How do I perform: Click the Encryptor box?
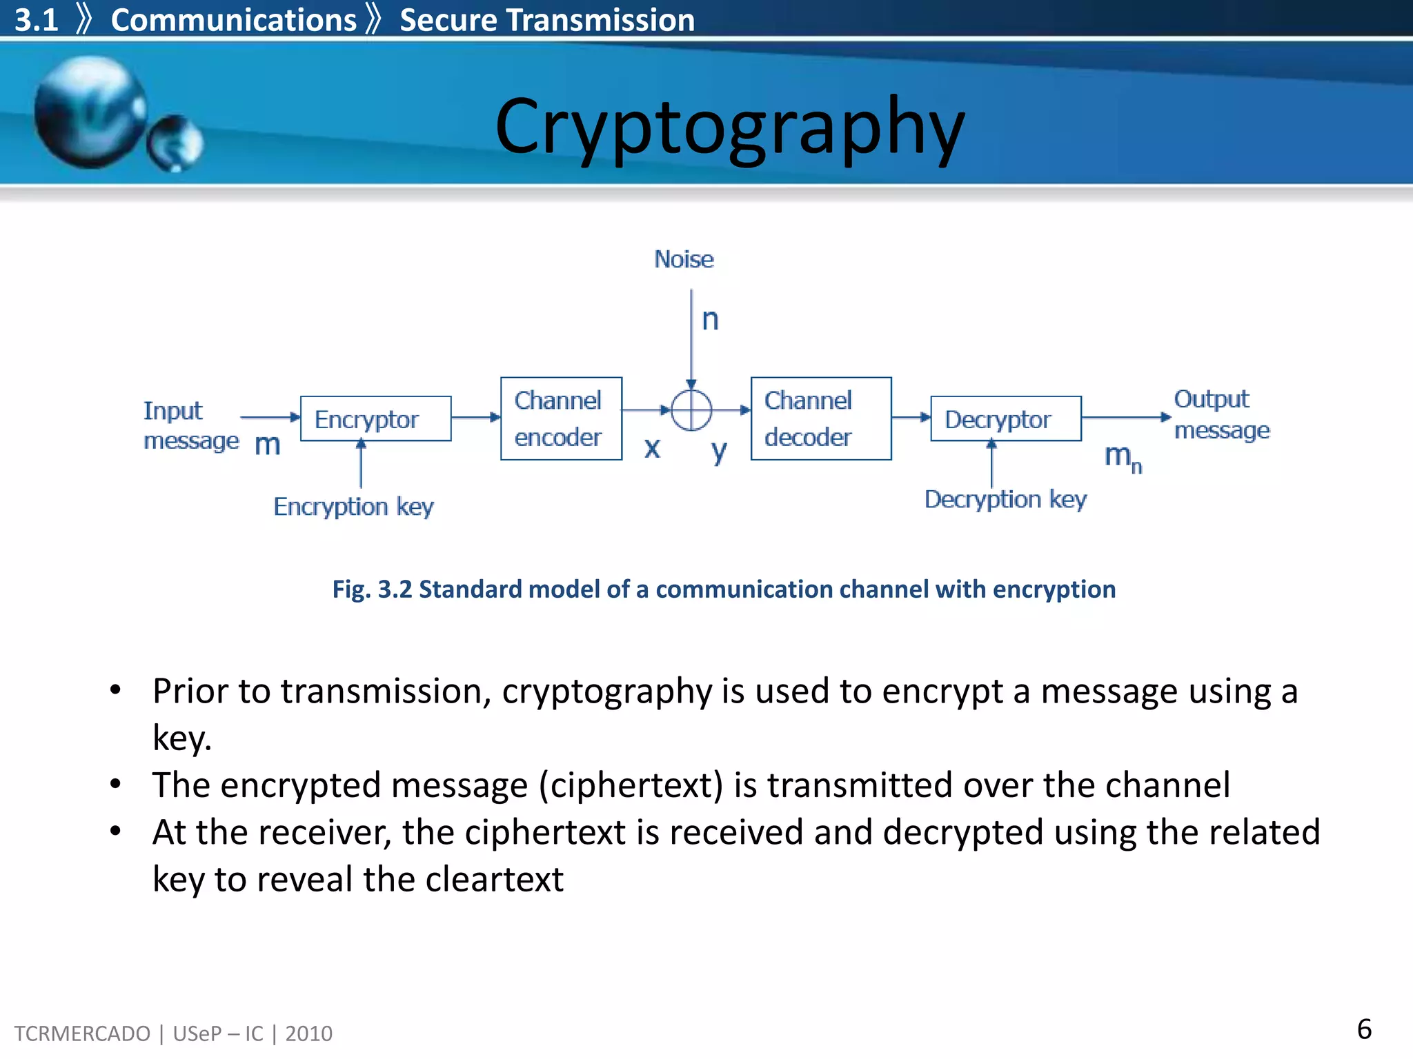(375, 418)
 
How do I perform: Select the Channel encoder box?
(561, 418)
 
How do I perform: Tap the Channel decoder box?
(820, 418)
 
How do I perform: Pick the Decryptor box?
(1005, 418)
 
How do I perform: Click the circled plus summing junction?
(691, 410)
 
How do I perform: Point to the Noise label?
(684, 259)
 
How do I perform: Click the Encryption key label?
(353, 507)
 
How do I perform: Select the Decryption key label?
(1005, 499)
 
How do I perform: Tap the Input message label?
(190, 425)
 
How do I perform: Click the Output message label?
(1221, 414)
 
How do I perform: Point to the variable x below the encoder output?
(652, 448)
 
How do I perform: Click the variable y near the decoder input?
(719, 452)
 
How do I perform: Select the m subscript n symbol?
(1123, 457)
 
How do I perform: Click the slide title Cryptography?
(729, 128)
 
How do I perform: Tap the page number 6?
(1363, 1029)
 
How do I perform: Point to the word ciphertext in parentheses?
(631, 785)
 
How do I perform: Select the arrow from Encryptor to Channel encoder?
(475, 417)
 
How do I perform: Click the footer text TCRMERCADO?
(82, 1033)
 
